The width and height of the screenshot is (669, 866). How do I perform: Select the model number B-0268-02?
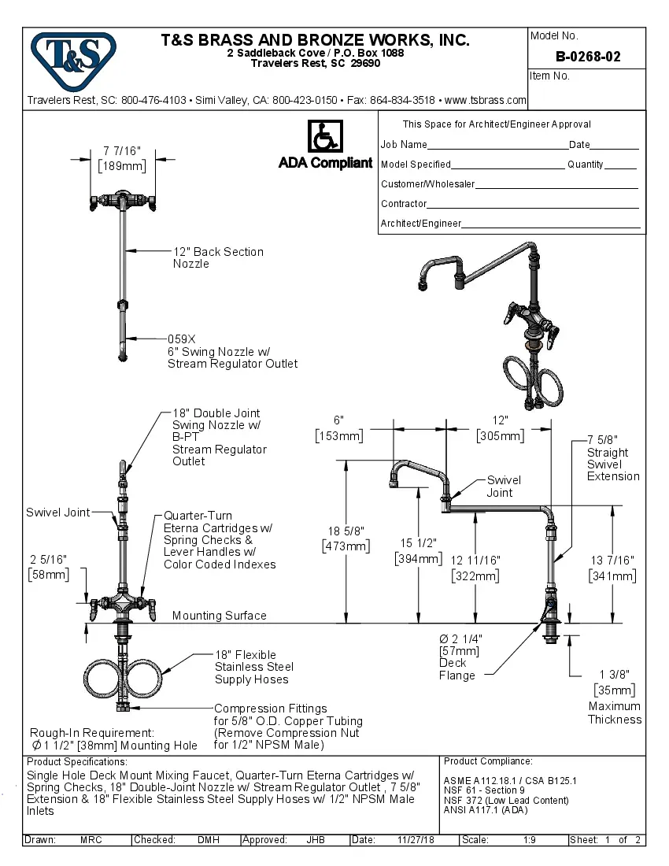click(587, 57)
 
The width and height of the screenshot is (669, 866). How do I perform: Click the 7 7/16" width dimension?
click(122, 150)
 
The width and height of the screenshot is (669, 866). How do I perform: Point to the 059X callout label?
click(181, 339)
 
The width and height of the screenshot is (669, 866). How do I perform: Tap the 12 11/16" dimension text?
click(475, 561)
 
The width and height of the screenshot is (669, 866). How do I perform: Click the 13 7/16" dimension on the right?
click(612, 561)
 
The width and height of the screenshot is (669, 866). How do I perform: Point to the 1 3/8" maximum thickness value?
click(612, 675)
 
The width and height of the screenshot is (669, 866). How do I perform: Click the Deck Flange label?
click(457, 669)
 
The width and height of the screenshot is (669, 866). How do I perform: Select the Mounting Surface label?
click(219, 616)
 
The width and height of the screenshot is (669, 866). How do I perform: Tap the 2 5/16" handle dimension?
click(49, 560)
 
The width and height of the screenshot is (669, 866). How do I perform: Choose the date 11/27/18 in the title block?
click(416, 840)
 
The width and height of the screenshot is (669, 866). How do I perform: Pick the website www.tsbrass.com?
click(486, 100)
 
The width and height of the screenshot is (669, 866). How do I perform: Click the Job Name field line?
click(497, 146)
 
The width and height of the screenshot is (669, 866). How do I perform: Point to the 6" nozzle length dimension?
click(338, 421)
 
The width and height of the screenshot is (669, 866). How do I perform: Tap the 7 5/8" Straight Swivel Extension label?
click(613, 458)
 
